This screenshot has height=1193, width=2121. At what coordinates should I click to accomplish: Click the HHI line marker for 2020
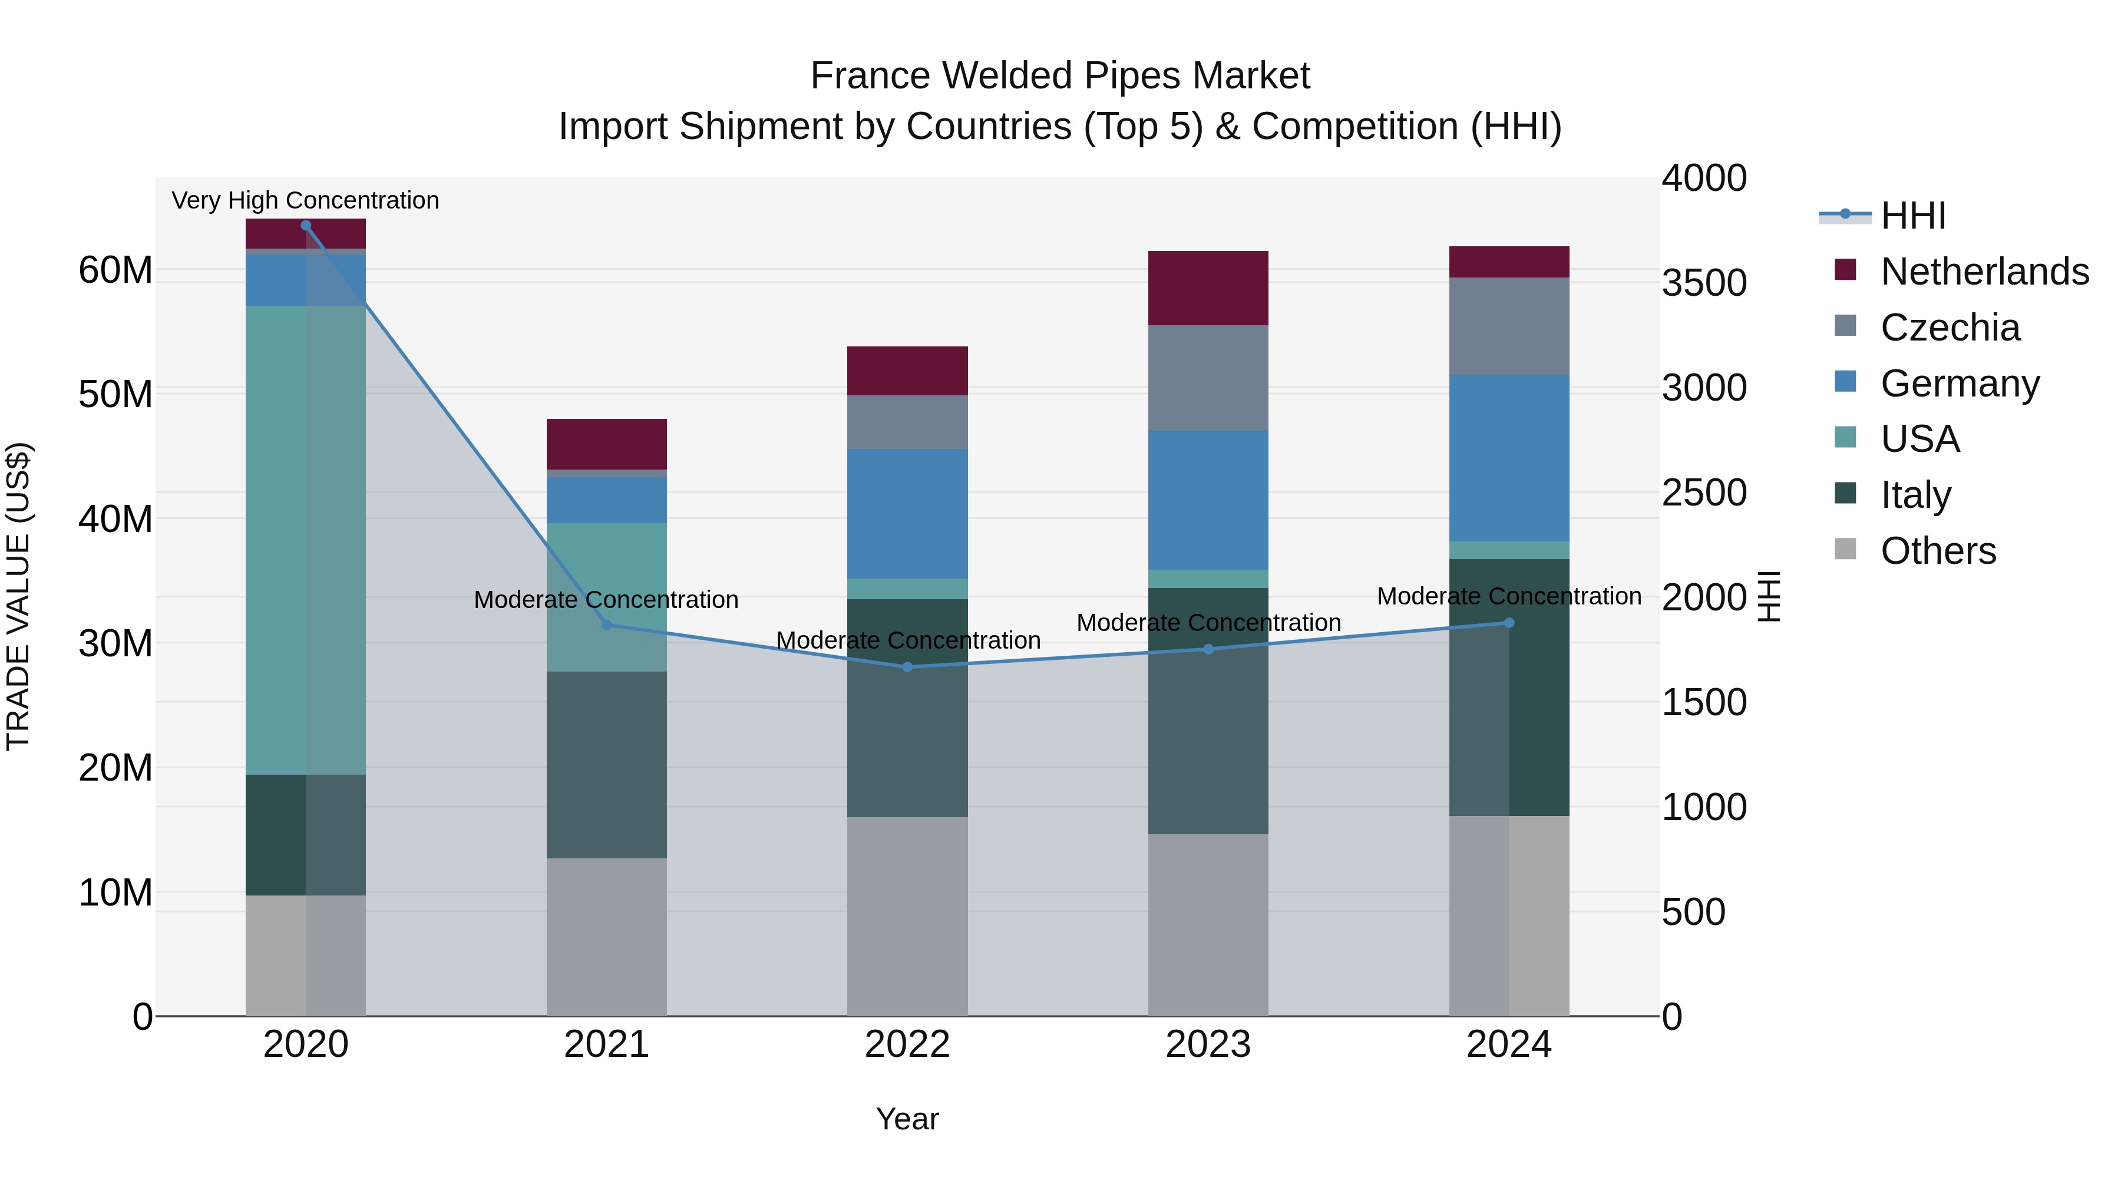pos(305,226)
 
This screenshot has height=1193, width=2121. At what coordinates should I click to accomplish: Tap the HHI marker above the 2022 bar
pos(907,667)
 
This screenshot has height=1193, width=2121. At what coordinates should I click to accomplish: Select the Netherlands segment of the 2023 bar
pos(1208,288)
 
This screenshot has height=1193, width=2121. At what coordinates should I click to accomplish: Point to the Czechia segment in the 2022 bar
pos(907,422)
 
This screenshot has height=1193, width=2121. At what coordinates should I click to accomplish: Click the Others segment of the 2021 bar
pos(607,936)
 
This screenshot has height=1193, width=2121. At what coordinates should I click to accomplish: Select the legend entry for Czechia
pos(1949,328)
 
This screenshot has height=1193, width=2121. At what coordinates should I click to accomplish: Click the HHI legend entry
pos(1912,216)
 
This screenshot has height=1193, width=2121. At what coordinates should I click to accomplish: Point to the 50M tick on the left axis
pos(115,394)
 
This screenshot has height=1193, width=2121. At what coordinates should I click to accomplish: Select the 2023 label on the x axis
pos(1208,1045)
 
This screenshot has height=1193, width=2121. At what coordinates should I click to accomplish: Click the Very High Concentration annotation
pos(305,200)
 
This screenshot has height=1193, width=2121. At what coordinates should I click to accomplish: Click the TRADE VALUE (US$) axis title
pos(18,596)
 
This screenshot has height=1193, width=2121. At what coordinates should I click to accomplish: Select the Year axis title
pos(907,1119)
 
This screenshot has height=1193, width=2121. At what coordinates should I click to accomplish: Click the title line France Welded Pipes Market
pos(1060,76)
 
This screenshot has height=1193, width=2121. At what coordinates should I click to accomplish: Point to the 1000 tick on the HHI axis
pos(1703,808)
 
